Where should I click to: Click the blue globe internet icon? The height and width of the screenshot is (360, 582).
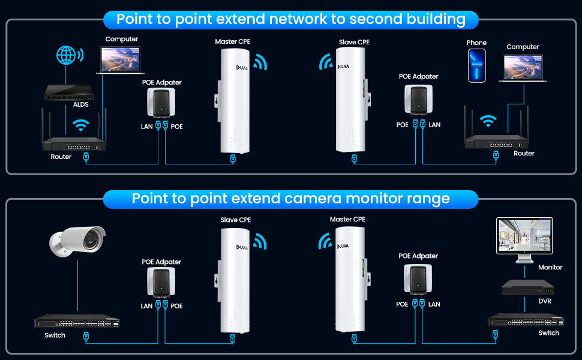(x=68, y=55)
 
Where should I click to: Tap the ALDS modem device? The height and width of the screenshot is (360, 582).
(x=70, y=91)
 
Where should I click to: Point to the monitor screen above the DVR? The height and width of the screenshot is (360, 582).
(x=524, y=239)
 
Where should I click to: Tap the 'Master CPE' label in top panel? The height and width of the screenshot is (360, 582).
(x=233, y=42)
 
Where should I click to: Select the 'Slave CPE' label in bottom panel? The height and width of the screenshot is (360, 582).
(x=236, y=220)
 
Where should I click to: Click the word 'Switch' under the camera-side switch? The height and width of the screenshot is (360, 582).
(x=55, y=335)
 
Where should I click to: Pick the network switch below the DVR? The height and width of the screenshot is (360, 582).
(x=526, y=320)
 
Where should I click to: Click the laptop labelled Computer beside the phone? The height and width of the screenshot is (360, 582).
(x=523, y=68)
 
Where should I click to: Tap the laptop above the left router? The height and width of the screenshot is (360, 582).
(x=122, y=60)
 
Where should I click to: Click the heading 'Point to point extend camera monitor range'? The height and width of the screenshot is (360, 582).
(x=290, y=199)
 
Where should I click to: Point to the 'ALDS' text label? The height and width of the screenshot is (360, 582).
(x=80, y=104)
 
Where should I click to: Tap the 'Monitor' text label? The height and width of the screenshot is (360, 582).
(x=550, y=268)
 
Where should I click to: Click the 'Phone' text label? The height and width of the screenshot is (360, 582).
(x=476, y=43)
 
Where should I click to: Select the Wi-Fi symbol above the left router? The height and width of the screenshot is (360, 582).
(x=80, y=125)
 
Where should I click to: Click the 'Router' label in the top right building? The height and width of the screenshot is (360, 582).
(x=524, y=154)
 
